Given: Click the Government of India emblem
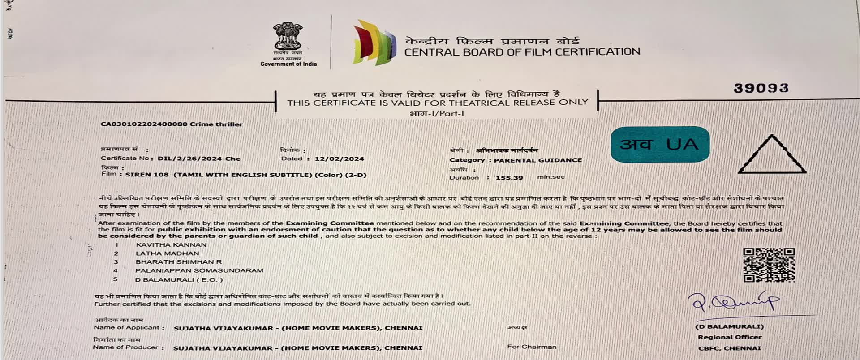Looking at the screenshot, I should (x=288, y=37).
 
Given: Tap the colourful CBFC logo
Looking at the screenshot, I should (x=374, y=43).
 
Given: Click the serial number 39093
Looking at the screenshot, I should (x=761, y=88).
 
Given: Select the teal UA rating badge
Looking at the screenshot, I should (x=660, y=144).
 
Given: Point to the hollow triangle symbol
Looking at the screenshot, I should (x=772, y=156).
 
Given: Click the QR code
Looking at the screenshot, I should (x=769, y=265).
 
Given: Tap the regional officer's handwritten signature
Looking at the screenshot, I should (x=735, y=303).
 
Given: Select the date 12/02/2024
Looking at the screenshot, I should (x=339, y=159).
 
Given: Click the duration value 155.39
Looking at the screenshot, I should (x=509, y=178).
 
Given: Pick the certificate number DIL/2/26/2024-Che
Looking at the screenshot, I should (x=199, y=159).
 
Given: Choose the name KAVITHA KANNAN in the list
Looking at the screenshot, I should (x=171, y=245).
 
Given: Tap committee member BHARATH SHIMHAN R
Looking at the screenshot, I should (x=178, y=262).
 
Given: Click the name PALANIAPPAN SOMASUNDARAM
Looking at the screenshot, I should (x=199, y=270).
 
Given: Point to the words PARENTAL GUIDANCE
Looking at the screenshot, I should (x=537, y=160).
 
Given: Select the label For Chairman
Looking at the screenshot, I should (x=532, y=347).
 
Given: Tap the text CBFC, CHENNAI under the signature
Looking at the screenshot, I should (x=729, y=348).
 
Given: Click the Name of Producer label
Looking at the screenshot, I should (x=125, y=347).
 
